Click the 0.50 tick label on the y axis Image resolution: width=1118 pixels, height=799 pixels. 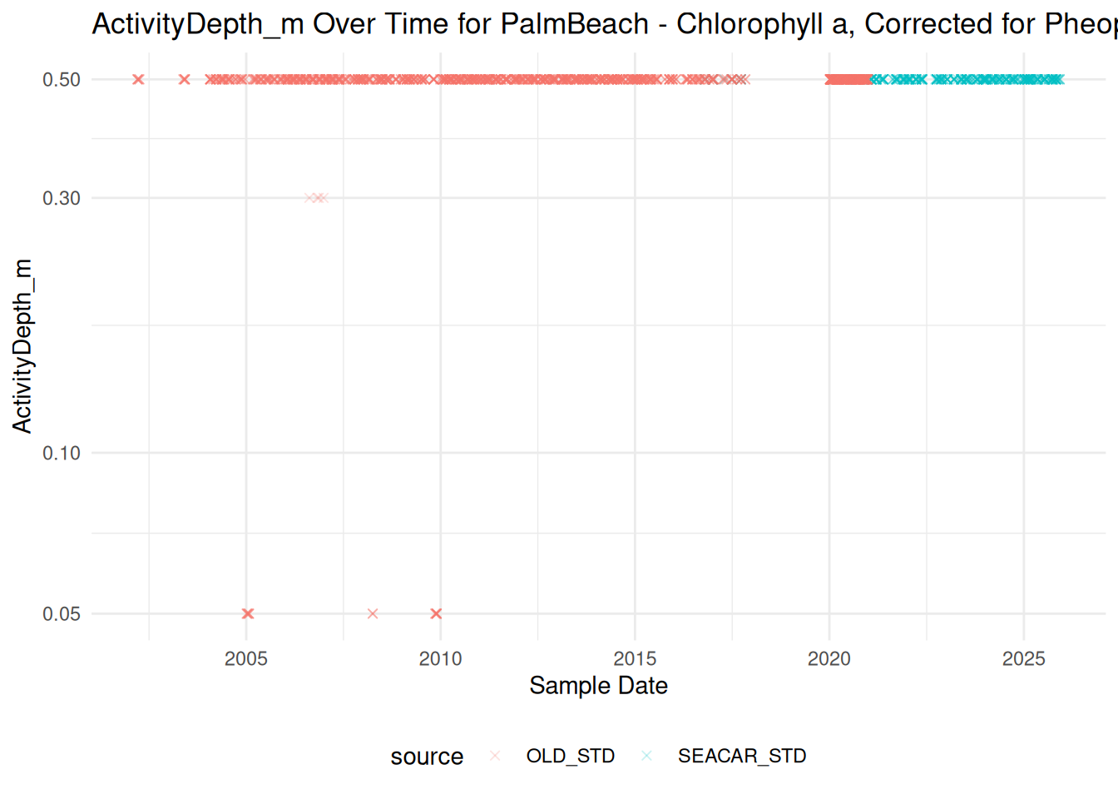62,80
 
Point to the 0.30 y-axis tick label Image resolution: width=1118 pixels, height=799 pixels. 62,198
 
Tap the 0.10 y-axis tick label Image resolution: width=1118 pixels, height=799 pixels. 62,454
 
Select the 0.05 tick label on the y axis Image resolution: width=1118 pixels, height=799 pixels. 62,613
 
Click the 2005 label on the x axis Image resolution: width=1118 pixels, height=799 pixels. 246,659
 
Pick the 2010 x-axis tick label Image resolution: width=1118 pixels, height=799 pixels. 440,659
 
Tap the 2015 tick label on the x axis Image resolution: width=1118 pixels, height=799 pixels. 635,659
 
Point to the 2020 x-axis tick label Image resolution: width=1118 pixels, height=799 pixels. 829,659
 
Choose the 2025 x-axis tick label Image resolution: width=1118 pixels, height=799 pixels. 1024,659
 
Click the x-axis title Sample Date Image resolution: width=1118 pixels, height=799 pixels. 598,686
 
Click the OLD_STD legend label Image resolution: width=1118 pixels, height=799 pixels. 571,756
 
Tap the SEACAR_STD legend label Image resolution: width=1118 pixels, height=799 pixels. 742,756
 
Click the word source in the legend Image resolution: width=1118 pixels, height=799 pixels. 428,757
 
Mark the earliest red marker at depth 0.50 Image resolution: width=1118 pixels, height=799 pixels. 138,79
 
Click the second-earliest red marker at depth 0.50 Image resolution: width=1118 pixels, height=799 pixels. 184,79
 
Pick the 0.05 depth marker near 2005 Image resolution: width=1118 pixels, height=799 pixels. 248,613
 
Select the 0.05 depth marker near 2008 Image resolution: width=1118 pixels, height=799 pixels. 373,613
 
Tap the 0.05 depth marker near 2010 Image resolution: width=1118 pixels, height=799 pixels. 436,613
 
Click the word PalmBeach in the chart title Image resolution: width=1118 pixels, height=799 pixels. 575,24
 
